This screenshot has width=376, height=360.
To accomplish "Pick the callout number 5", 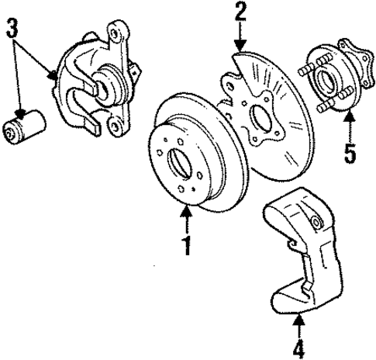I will (x=350, y=153).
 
